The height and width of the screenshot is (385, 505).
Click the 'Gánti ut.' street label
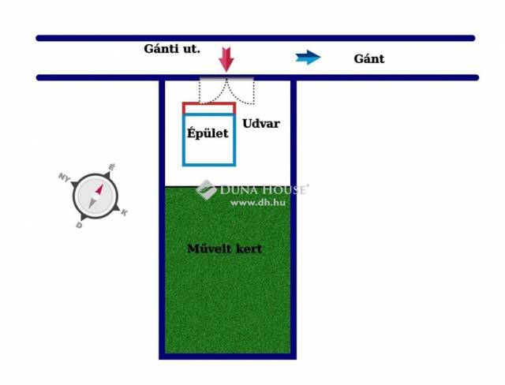(x=172, y=49)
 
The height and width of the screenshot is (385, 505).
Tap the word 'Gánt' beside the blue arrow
(x=369, y=58)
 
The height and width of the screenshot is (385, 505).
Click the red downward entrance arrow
(x=226, y=59)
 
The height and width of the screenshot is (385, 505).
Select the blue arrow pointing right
(x=309, y=57)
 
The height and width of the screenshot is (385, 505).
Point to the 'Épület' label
(x=208, y=133)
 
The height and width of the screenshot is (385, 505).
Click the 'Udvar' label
(x=261, y=124)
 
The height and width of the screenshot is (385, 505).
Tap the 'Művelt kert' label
(x=225, y=249)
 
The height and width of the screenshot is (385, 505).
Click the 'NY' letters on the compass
(x=64, y=177)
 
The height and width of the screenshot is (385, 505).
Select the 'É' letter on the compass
(x=112, y=167)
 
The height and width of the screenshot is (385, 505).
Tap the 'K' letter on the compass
(x=125, y=212)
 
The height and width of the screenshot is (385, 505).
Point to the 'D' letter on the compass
(x=79, y=225)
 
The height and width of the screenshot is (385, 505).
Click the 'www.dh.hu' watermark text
(x=257, y=203)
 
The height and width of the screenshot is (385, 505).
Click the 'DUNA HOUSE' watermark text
(x=264, y=189)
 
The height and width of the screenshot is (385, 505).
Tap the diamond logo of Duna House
(x=206, y=189)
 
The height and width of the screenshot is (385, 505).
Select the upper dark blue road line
(x=256, y=37)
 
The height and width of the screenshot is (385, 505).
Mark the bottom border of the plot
(x=227, y=356)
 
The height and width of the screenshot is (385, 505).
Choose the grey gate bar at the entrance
(x=226, y=79)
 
